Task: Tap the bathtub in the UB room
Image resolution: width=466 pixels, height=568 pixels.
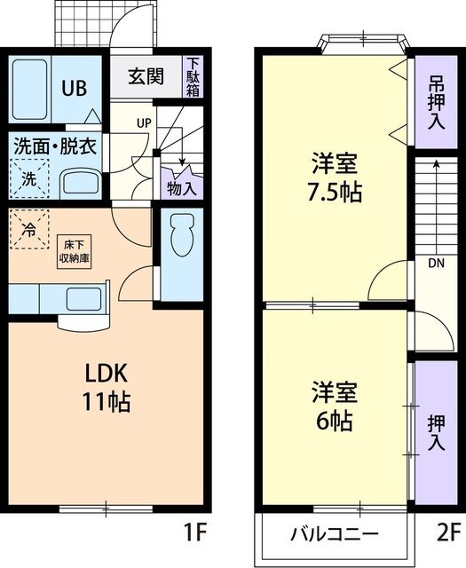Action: pyautogui.click(x=31, y=89)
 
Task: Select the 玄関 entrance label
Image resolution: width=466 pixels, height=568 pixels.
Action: pyautogui.click(x=145, y=76)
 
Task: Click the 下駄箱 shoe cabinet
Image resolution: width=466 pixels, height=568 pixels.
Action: pyautogui.click(x=192, y=76)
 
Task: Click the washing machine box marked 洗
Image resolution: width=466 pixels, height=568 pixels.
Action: pyautogui.click(x=29, y=177)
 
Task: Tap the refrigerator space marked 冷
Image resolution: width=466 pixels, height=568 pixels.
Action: pyautogui.click(x=29, y=231)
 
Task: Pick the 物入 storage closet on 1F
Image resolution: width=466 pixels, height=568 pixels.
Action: pyautogui.click(x=181, y=187)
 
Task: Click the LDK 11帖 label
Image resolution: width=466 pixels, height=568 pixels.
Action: pyautogui.click(x=107, y=386)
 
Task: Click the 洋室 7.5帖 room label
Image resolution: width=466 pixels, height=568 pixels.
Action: pyautogui.click(x=336, y=177)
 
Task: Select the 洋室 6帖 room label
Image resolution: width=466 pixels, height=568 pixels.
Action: pyautogui.click(x=336, y=406)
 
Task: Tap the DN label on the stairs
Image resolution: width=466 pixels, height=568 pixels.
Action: pyautogui.click(x=435, y=263)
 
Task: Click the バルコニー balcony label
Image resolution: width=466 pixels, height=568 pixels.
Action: pyautogui.click(x=336, y=535)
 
